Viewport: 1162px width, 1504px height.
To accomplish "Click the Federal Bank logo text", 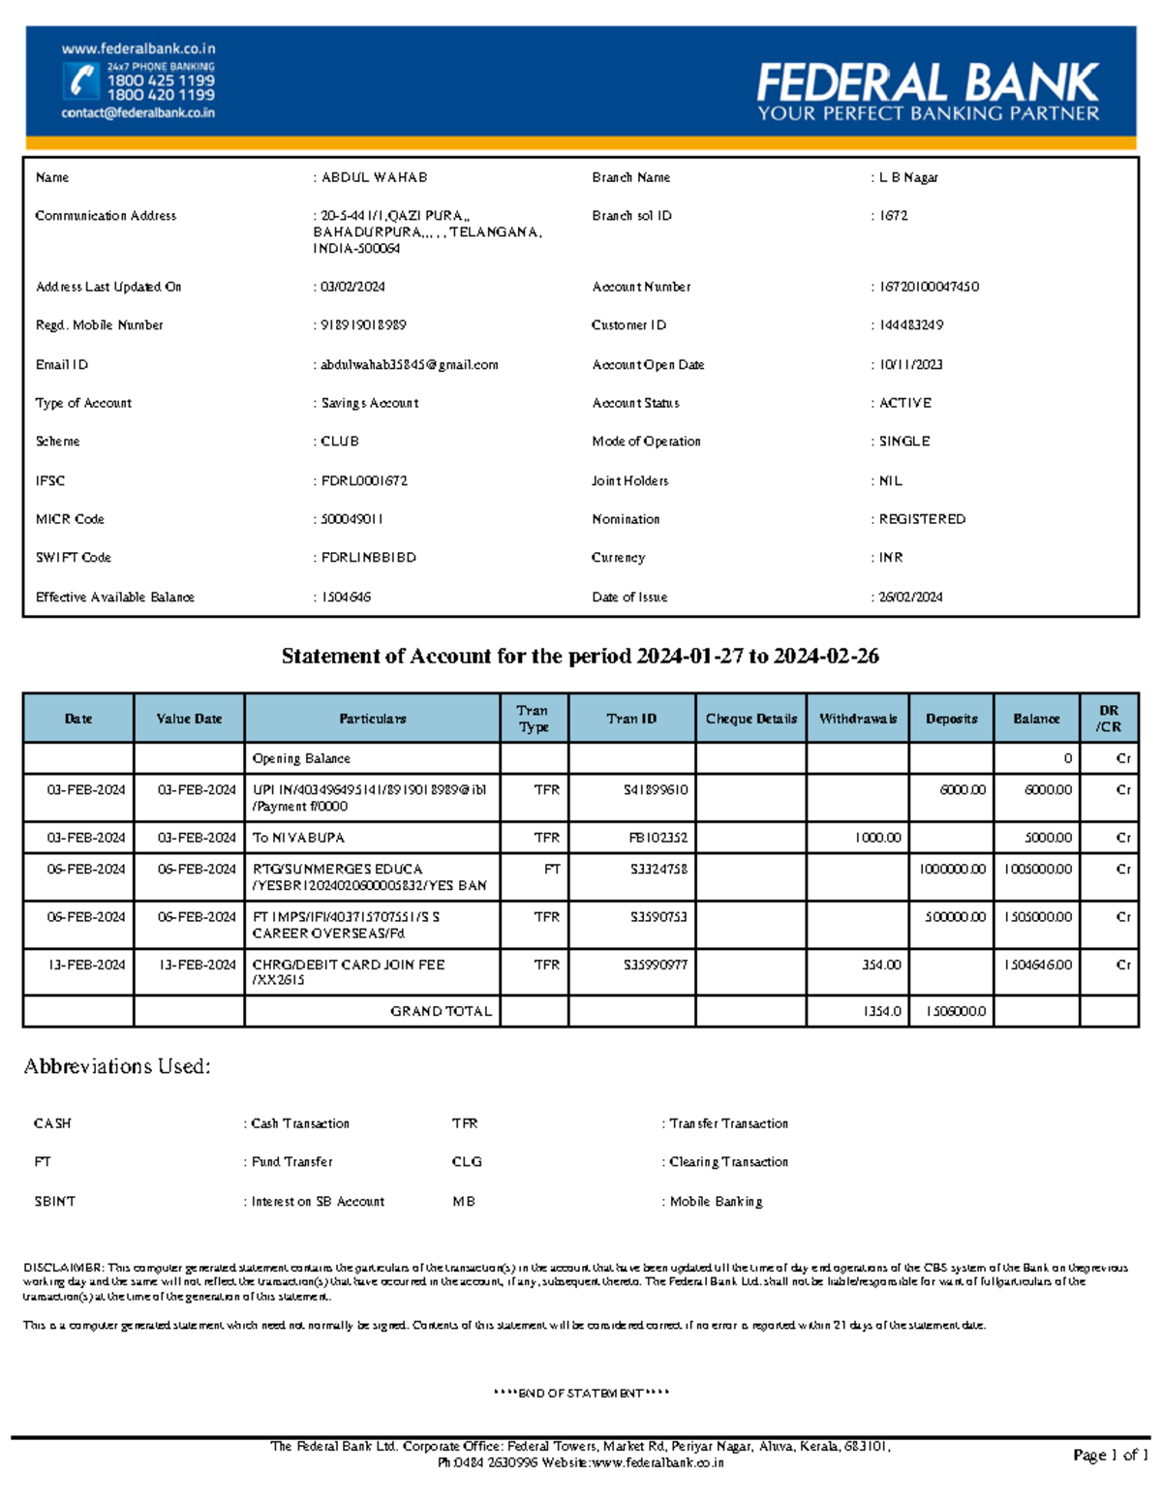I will tap(927, 83).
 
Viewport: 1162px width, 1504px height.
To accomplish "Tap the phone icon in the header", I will tap(82, 81).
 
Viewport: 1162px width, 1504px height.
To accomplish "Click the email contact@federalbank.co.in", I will tap(138, 113).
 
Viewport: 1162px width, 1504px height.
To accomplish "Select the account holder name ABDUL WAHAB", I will tap(374, 177).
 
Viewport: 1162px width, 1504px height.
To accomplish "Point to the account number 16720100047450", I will tap(929, 287).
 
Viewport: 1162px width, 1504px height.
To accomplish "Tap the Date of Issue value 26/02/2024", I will tap(910, 598).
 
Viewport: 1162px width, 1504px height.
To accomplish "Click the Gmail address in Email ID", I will tap(409, 365).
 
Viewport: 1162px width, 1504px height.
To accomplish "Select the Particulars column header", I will tap(373, 719).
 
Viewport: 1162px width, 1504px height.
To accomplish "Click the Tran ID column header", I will tap(631, 719).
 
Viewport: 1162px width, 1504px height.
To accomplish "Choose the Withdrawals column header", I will tap(858, 719).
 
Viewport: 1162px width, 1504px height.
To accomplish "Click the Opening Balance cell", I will tap(301, 758).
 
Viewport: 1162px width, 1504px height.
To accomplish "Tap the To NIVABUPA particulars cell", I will tap(298, 838).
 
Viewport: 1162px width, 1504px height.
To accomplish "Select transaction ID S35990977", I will tap(656, 965).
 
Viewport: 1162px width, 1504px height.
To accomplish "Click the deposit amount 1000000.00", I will tap(953, 870).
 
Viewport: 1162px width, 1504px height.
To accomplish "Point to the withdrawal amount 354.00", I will tap(881, 965).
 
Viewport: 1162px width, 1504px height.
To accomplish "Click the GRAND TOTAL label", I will tap(441, 1011).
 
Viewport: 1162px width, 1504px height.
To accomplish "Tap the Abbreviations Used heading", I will tap(117, 1066).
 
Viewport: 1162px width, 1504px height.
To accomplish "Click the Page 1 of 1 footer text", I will tap(1110, 1455).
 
